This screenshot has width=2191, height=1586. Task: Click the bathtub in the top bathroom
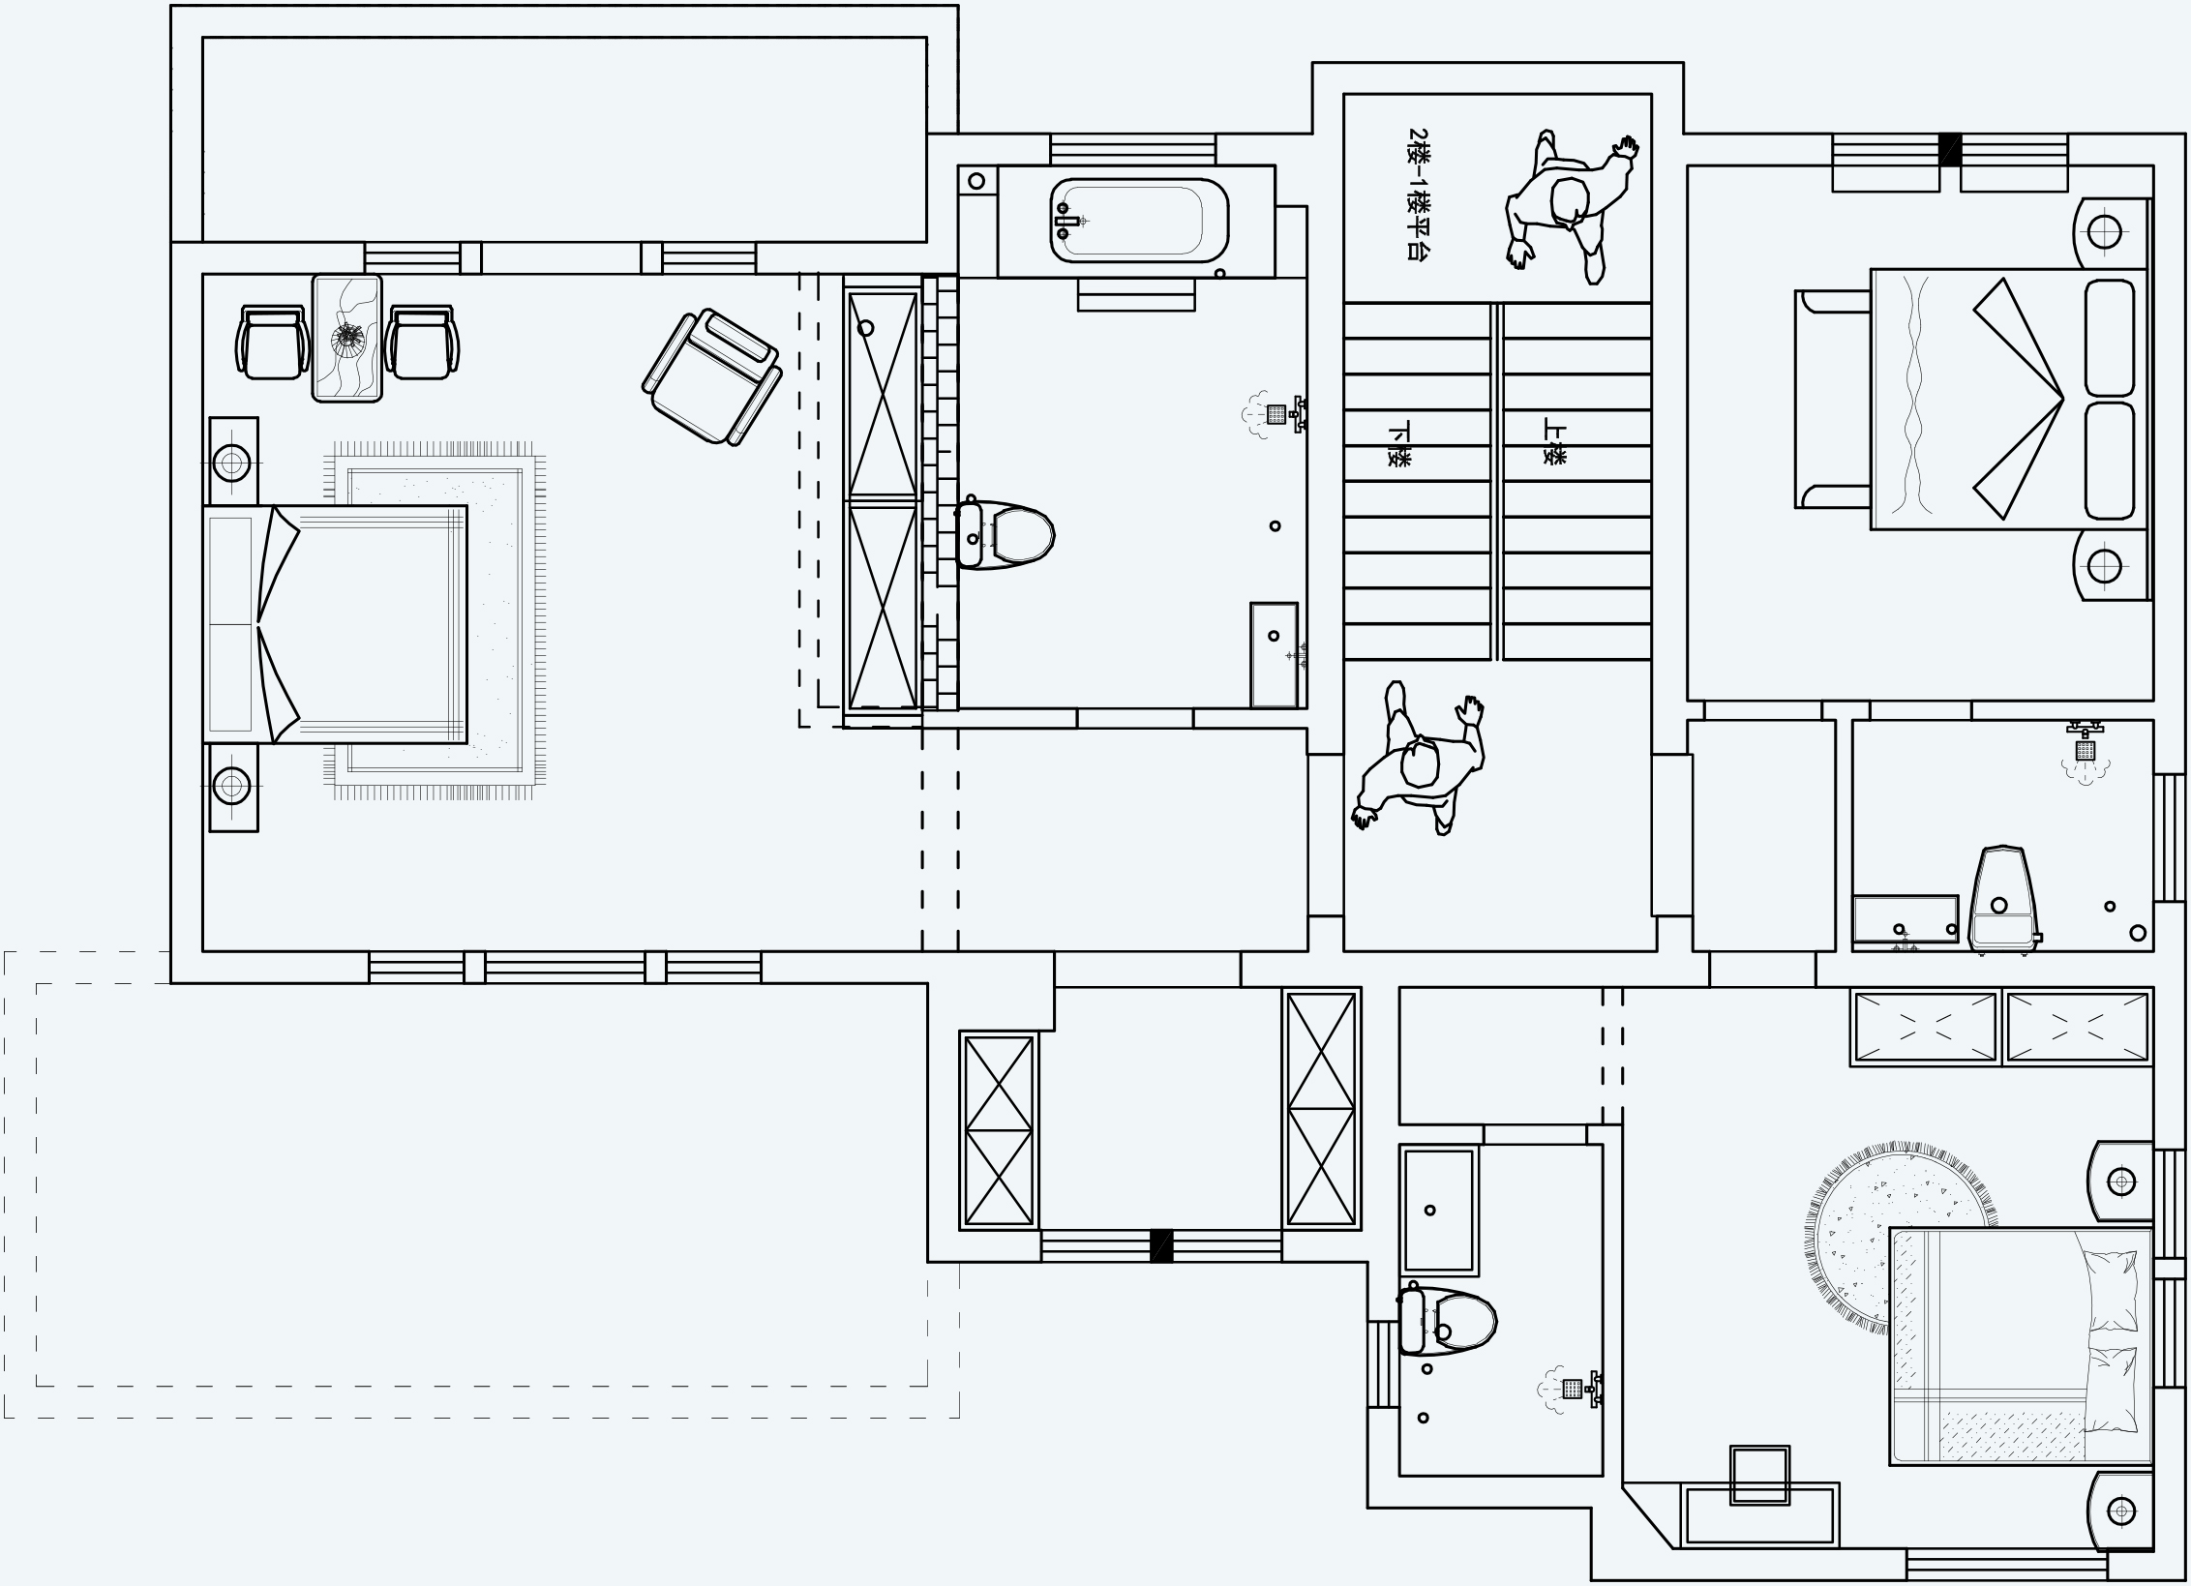pyautogui.click(x=1139, y=220)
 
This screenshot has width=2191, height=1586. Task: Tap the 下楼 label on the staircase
pyautogui.click(x=1399, y=444)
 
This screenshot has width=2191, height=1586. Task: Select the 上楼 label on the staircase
pyautogui.click(x=1554, y=441)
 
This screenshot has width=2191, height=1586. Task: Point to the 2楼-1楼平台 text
pyautogui.click(x=1419, y=195)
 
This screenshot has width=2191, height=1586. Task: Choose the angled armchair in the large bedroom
pyautogui.click(x=711, y=377)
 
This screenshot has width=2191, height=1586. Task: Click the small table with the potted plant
pyautogui.click(x=347, y=337)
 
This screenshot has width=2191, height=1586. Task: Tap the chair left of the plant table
pyautogui.click(x=272, y=342)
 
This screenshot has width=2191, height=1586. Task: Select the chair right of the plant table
pyautogui.click(x=422, y=342)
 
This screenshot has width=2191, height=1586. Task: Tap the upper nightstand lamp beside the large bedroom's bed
pyautogui.click(x=231, y=463)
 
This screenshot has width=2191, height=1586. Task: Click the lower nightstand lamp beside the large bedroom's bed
pyautogui.click(x=231, y=786)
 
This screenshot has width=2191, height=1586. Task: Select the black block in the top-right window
pyautogui.click(x=1950, y=149)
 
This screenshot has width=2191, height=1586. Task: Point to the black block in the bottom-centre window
pyautogui.click(x=1161, y=1245)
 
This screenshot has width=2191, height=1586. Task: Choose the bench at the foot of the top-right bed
pyautogui.click(x=1832, y=399)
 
